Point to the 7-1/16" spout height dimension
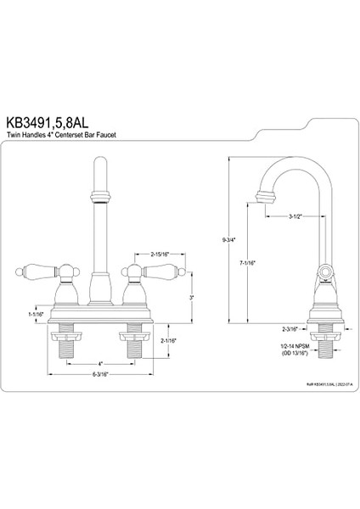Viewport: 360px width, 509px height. click(x=248, y=262)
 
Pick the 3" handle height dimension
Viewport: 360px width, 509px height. click(x=193, y=298)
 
